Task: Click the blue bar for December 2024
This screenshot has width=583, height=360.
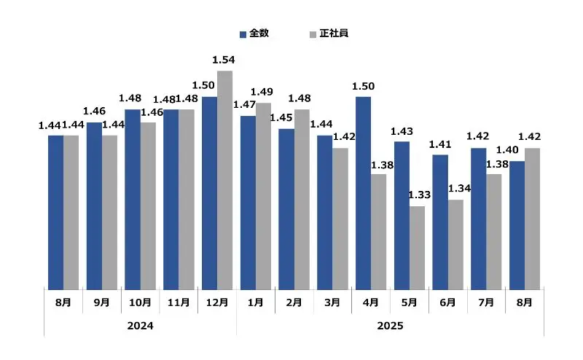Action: [x=209, y=193]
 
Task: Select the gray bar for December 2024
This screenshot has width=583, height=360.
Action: [x=224, y=180]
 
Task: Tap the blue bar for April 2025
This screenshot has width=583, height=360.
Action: [x=363, y=193]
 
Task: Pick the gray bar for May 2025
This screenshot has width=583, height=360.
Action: [x=417, y=248]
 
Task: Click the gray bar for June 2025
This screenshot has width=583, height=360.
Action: [x=455, y=244]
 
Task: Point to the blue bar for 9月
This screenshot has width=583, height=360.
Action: [x=94, y=206]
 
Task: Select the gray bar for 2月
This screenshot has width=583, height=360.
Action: [x=302, y=199]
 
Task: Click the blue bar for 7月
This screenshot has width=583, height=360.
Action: [x=478, y=219]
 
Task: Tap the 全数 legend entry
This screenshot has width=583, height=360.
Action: [x=253, y=34]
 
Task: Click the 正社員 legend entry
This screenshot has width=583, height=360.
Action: [x=329, y=34]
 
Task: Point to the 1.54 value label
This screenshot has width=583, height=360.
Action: [x=223, y=59]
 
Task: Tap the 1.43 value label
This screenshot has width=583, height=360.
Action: [x=402, y=131]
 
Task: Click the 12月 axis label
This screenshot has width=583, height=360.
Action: [x=217, y=302]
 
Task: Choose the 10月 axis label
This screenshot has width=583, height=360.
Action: [x=140, y=302]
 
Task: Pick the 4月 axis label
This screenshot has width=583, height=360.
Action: [x=370, y=302]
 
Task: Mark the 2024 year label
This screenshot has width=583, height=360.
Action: [x=140, y=326]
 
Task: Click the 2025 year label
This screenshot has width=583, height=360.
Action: [x=390, y=326]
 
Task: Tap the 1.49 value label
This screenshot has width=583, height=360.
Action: [x=262, y=91]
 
